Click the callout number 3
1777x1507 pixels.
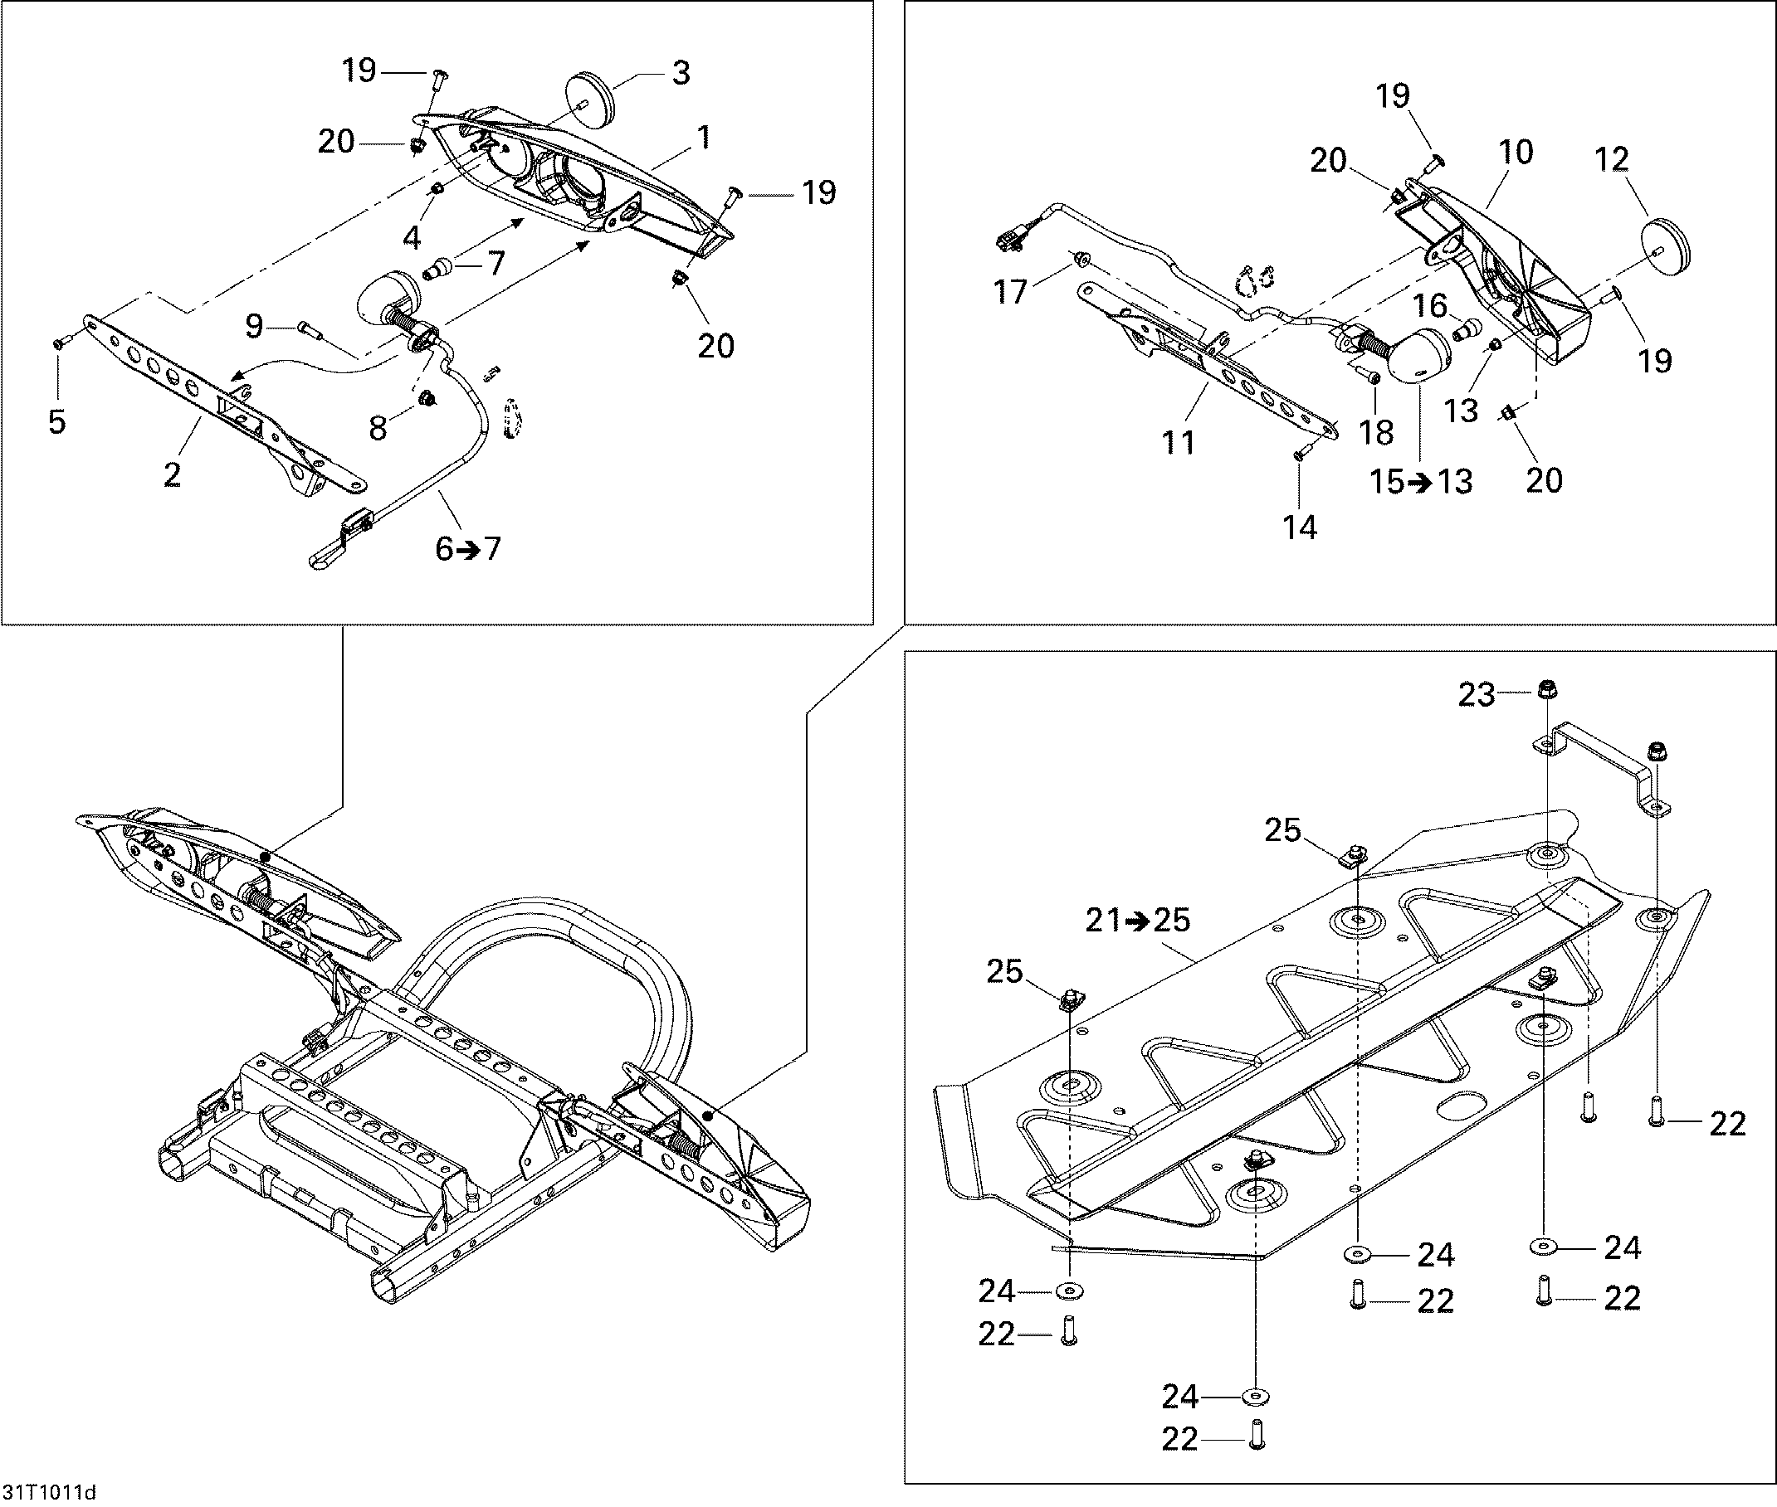click(681, 74)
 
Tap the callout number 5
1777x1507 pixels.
click(57, 422)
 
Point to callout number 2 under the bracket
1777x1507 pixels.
click(173, 475)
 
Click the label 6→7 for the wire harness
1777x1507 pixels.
click(467, 548)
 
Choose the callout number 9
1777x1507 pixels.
click(254, 325)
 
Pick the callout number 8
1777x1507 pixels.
click(378, 428)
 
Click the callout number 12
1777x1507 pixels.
click(1612, 159)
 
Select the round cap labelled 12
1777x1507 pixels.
click(1667, 246)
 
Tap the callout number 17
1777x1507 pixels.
click(1010, 292)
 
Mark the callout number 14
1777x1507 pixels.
click(1299, 527)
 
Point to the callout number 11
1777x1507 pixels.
click(1179, 443)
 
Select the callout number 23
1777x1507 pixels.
click(1477, 694)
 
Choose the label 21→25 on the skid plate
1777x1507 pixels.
click(1138, 920)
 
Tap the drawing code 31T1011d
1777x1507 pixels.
click(49, 1492)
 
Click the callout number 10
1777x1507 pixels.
click(1516, 152)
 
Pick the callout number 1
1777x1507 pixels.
click(704, 138)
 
